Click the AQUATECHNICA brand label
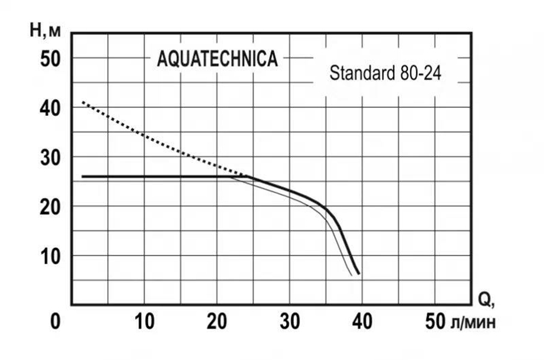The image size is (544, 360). [217, 60]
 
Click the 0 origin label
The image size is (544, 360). [55, 322]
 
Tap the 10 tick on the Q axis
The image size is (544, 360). [145, 322]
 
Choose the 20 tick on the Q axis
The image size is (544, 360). [217, 322]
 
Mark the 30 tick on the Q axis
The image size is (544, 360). [290, 322]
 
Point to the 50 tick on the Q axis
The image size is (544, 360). [434, 322]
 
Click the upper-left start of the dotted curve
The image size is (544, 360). [83, 103]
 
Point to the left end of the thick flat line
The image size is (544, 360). [83, 176]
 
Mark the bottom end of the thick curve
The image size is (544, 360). [359, 274]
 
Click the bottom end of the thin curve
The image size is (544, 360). [351, 275]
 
